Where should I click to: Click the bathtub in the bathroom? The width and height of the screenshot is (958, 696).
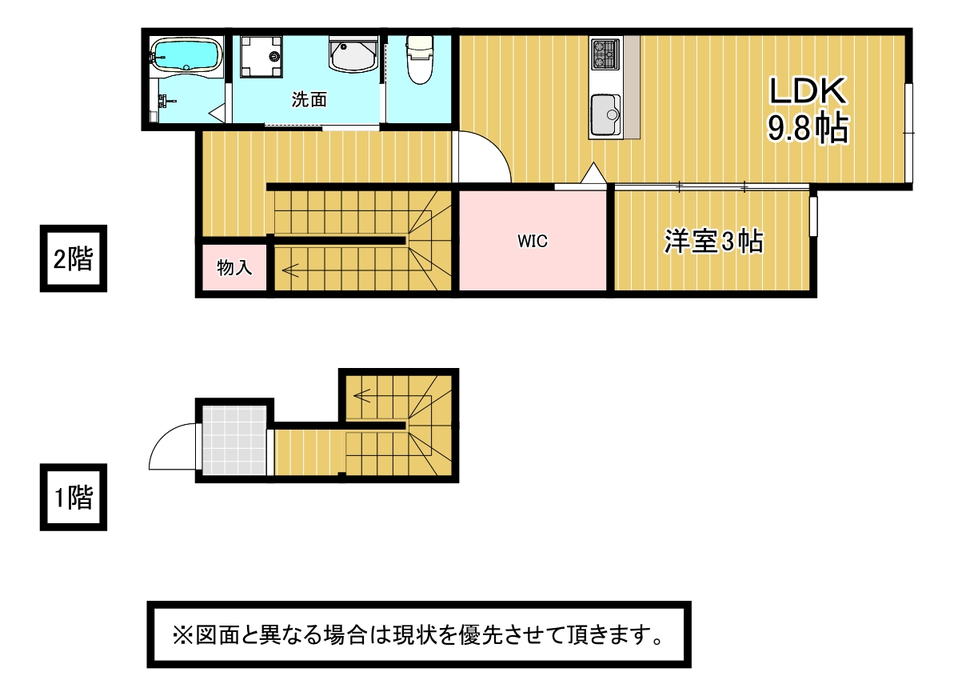click(x=186, y=54)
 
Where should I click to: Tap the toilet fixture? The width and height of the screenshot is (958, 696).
click(x=420, y=59)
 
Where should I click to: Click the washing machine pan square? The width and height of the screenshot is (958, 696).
click(x=261, y=56)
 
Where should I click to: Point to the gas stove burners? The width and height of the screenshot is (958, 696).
click(x=605, y=53)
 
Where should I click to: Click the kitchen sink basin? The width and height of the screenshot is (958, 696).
click(x=605, y=114)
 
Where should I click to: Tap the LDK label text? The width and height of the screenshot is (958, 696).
click(x=807, y=91)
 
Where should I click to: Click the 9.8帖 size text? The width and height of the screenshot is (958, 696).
click(x=808, y=128)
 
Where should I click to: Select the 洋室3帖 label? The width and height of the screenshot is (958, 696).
click(x=713, y=241)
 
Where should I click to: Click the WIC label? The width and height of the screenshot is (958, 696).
click(x=532, y=242)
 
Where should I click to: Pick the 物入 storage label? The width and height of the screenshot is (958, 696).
click(x=234, y=267)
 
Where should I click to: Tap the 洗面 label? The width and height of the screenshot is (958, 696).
click(x=309, y=99)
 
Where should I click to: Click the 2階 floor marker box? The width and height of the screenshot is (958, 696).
click(x=74, y=258)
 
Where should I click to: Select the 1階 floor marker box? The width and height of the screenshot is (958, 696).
click(x=74, y=497)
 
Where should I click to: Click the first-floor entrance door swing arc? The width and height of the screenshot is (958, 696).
click(x=164, y=438)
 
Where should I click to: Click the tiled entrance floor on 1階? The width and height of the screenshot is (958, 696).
click(x=234, y=440)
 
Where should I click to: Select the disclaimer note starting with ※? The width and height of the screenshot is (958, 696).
click(x=419, y=635)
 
